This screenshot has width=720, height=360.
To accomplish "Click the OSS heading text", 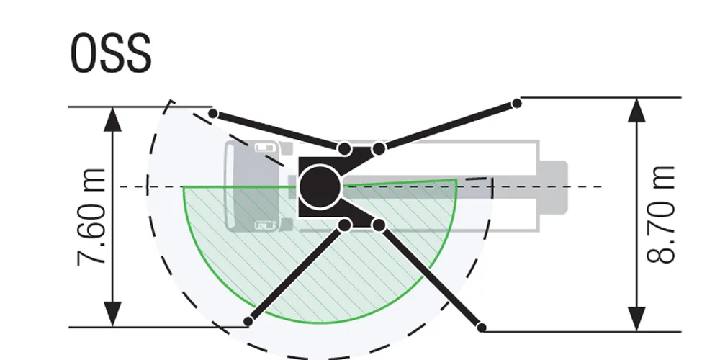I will (112, 53).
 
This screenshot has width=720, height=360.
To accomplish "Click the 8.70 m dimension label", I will (660, 214).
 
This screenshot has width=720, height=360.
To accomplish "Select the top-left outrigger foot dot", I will (213, 113).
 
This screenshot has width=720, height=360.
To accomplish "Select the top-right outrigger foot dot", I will (516, 104).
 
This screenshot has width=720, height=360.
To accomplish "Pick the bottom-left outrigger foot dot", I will (249, 321).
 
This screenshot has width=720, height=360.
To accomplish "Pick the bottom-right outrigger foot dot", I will (482, 328).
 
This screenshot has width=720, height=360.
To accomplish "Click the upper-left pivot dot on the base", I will (345, 149).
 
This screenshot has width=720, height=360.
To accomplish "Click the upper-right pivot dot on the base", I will (379, 149).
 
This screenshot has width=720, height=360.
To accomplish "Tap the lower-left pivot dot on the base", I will (345, 225).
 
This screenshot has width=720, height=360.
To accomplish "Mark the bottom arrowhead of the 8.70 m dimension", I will (636, 319).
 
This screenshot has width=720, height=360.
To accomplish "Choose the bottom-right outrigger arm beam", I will (431, 276).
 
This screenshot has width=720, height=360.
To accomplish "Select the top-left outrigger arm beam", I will (279, 131).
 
